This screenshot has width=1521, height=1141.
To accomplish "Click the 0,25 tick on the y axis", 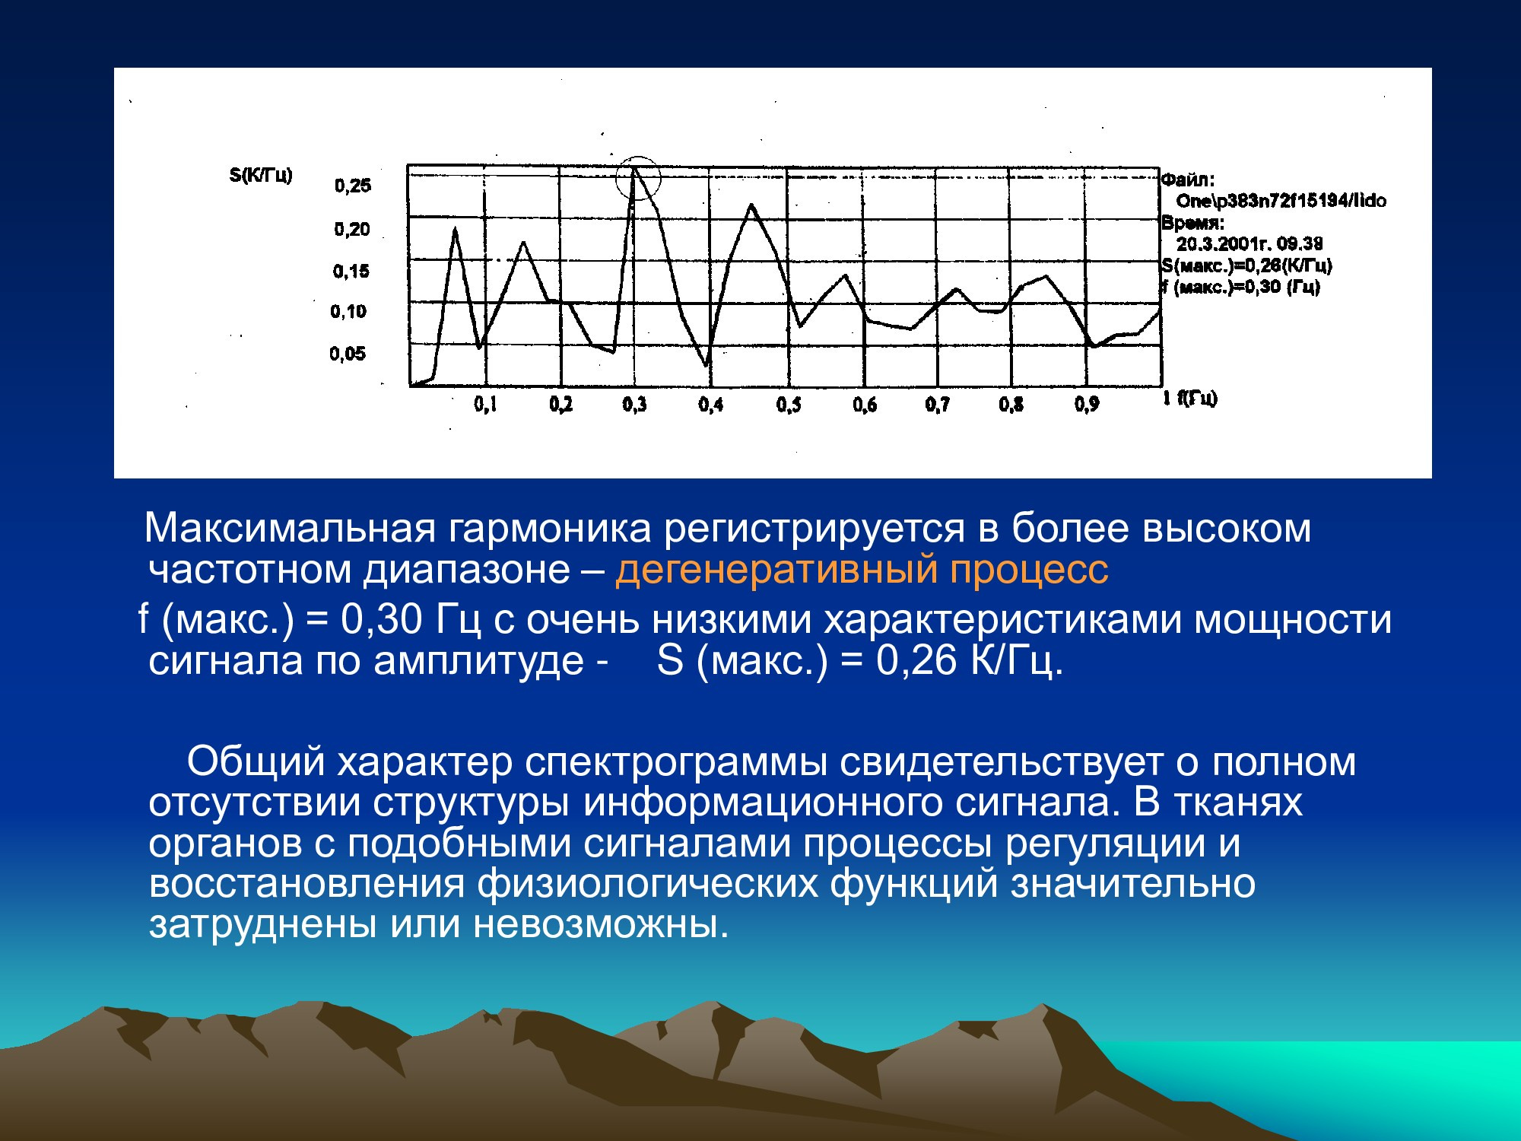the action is click(353, 185).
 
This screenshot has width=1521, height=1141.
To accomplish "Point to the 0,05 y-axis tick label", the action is click(348, 354).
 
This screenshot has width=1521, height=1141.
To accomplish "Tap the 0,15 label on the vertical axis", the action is click(351, 271).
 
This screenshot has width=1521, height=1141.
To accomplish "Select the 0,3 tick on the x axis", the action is click(635, 405).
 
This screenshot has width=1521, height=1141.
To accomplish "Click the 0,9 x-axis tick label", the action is click(1087, 405).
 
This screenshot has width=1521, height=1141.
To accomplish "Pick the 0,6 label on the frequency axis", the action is click(865, 405).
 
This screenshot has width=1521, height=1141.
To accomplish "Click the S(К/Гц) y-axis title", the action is click(261, 176).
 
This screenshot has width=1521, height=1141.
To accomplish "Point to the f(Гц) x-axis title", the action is click(1198, 398).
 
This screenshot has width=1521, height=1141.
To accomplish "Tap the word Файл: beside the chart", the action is click(1188, 180).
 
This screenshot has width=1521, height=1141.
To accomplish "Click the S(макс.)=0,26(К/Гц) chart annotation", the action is click(1247, 265).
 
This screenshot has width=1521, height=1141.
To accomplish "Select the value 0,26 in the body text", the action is click(917, 660).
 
